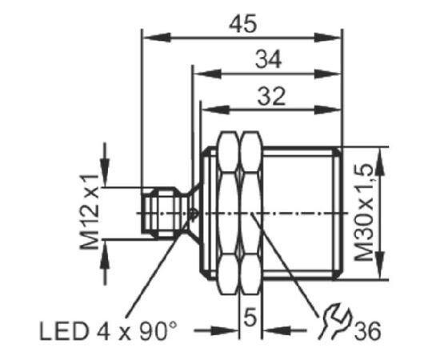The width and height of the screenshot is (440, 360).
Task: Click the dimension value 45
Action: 242,23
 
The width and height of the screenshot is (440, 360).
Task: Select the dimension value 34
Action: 268,60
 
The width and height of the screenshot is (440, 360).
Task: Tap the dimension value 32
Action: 271,96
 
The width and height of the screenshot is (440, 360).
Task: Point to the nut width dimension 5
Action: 250,317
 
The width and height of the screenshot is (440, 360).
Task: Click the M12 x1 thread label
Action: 90,212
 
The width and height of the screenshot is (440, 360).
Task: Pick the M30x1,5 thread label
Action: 364,213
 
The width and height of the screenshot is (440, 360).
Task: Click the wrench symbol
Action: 334,321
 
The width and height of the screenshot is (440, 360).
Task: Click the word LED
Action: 64,332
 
